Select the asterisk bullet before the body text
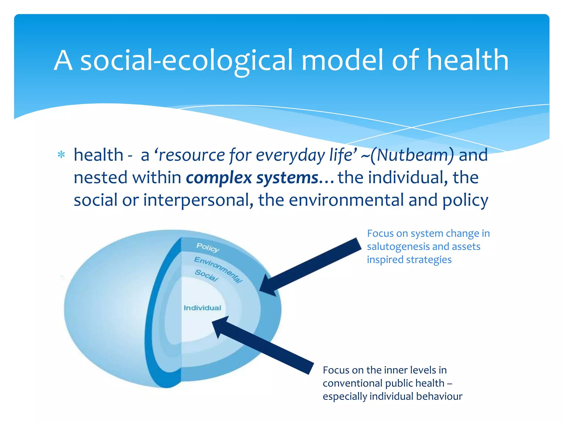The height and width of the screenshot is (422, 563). point(61,155)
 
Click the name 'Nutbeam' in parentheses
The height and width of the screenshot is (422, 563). point(412,155)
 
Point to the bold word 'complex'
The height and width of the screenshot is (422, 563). point(219,178)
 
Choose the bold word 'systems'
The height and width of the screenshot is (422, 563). point(287,178)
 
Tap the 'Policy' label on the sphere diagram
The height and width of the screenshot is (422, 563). point(208,248)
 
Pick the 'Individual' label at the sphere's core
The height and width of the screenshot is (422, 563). point(202,308)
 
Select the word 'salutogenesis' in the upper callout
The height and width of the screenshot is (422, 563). point(400,247)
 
